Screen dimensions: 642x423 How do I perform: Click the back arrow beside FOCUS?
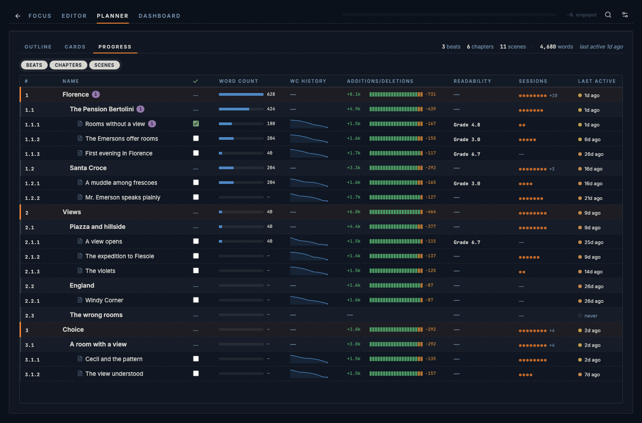(x=18, y=16)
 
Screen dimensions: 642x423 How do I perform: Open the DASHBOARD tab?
(x=159, y=16)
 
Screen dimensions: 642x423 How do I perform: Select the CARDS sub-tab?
(x=75, y=47)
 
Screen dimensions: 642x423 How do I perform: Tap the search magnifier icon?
(x=608, y=15)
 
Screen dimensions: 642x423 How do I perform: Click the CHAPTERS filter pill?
(x=68, y=65)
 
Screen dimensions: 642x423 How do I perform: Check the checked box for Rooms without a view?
(x=196, y=124)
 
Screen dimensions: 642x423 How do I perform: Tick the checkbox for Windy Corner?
(x=196, y=300)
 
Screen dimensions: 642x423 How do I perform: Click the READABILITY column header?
(x=472, y=81)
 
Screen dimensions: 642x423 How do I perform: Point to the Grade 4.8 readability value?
(x=467, y=125)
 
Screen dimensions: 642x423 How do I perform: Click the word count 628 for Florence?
(x=271, y=94)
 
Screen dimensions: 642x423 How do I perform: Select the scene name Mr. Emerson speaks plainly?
(x=123, y=197)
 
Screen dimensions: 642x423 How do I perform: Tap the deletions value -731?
(x=431, y=94)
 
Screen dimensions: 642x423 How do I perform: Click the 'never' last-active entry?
(x=591, y=316)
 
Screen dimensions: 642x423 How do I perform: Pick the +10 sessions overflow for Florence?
(x=553, y=96)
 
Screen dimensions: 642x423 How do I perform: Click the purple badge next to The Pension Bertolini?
(x=140, y=109)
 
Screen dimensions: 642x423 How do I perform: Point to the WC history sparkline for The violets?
(x=309, y=271)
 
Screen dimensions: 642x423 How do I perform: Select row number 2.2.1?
(x=33, y=301)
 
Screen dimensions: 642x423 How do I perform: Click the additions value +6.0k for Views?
(x=354, y=212)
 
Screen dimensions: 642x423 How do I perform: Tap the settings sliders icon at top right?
(x=625, y=15)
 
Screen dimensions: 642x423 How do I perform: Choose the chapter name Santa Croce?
(x=88, y=168)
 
